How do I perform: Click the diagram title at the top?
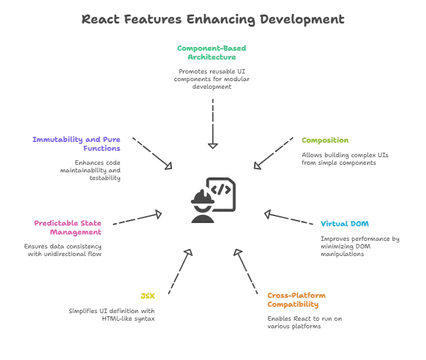point(213,19)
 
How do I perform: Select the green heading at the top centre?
point(212,52)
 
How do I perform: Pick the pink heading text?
point(66,227)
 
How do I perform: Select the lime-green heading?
point(325,141)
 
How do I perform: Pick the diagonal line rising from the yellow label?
point(178,272)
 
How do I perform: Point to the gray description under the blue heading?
point(359,246)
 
